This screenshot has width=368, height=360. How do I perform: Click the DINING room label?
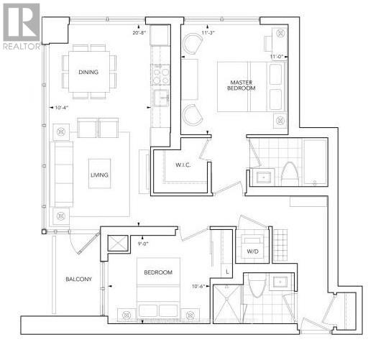click(88, 72)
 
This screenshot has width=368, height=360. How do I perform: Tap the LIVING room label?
click(99, 173)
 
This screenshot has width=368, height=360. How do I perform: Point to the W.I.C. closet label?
click(183, 166)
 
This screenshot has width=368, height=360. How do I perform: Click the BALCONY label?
click(78, 280)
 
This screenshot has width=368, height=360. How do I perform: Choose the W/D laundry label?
click(252, 251)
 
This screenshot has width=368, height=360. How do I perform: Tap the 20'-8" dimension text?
click(141, 32)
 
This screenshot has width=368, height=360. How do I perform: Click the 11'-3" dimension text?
click(208, 32)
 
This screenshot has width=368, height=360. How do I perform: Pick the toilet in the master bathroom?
click(288, 172)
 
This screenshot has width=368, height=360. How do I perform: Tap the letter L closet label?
click(227, 272)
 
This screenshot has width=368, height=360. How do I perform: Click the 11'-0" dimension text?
click(277, 55)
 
